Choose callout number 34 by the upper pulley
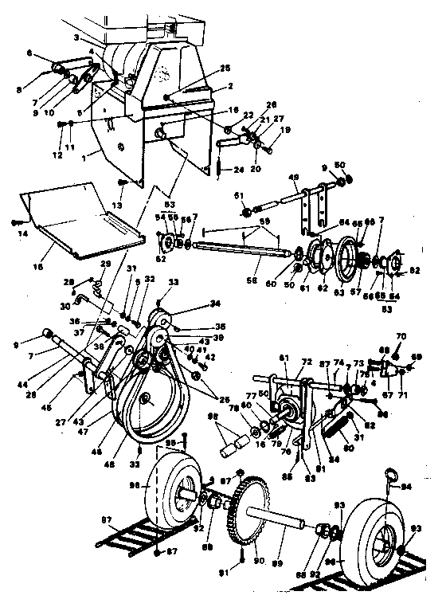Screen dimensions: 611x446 (191, 303)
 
